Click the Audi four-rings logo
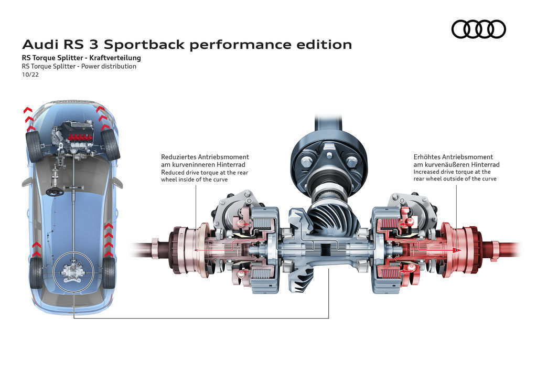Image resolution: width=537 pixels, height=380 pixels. [x=478, y=29]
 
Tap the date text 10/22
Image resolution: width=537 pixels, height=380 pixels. [x=29, y=75]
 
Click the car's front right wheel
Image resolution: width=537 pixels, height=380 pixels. [x=111, y=144]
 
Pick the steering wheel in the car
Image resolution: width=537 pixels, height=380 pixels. [x=54, y=192]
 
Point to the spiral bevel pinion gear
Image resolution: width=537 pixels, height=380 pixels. [x=327, y=215]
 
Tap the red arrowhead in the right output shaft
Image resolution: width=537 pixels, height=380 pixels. [x=457, y=250]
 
